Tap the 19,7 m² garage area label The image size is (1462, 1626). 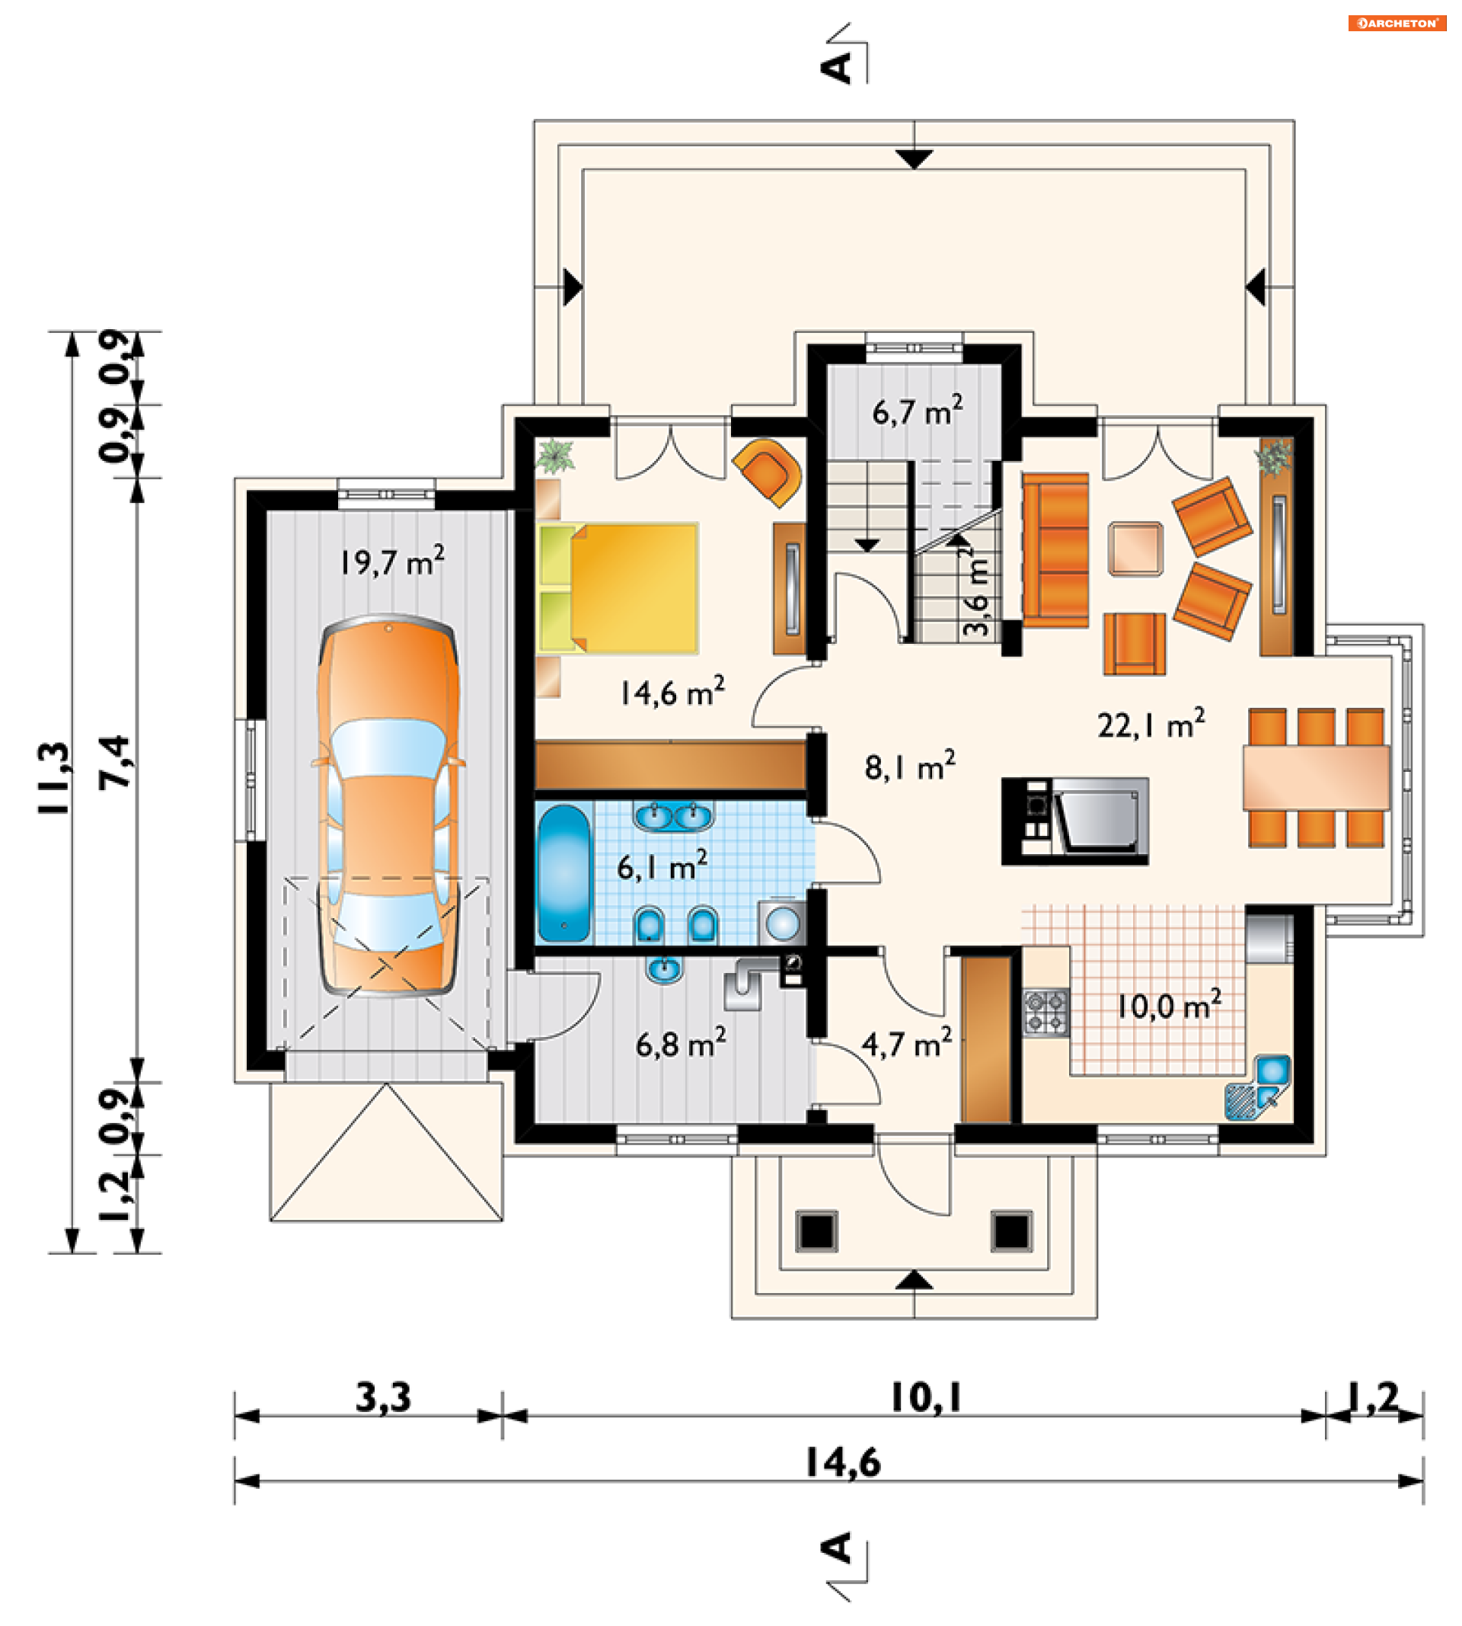tap(392, 560)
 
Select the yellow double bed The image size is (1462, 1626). tap(618, 588)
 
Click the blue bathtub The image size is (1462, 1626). tap(564, 873)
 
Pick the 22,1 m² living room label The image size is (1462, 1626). tap(1151, 723)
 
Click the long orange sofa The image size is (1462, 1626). tap(1055, 550)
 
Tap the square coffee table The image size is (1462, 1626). tap(1135, 549)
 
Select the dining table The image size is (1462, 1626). tap(1316, 777)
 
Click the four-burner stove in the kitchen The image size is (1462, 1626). tap(1046, 1013)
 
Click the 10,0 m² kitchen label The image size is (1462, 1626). tap(1170, 1005)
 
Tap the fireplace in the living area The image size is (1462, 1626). tap(1075, 821)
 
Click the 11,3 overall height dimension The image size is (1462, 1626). tap(55, 778)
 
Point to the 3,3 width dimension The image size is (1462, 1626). tap(383, 1398)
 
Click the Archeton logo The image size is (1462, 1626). tap(1397, 24)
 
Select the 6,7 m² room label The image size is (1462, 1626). tap(918, 411)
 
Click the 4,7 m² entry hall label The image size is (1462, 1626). tap(907, 1043)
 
